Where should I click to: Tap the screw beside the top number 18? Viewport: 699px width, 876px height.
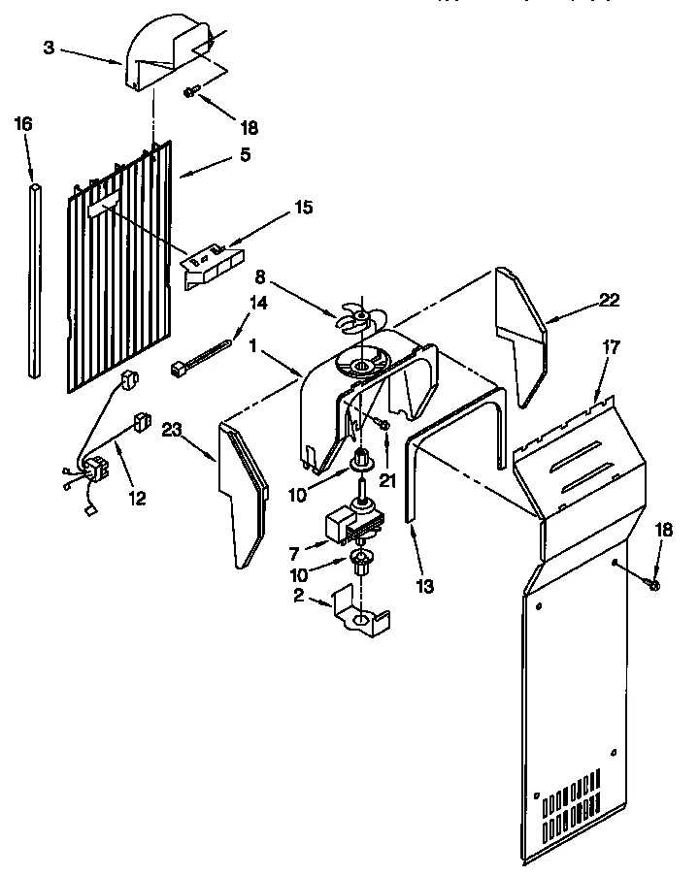(191, 91)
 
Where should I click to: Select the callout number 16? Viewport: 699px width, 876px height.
(24, 123)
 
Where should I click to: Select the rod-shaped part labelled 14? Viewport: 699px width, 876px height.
(204, 354)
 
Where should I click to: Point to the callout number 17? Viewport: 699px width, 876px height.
(610, 346)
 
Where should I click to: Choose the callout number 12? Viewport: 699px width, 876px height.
(137, 498)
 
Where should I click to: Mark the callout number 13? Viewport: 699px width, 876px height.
(423, 586)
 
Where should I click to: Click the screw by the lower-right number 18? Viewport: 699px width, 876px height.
(651, 585)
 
